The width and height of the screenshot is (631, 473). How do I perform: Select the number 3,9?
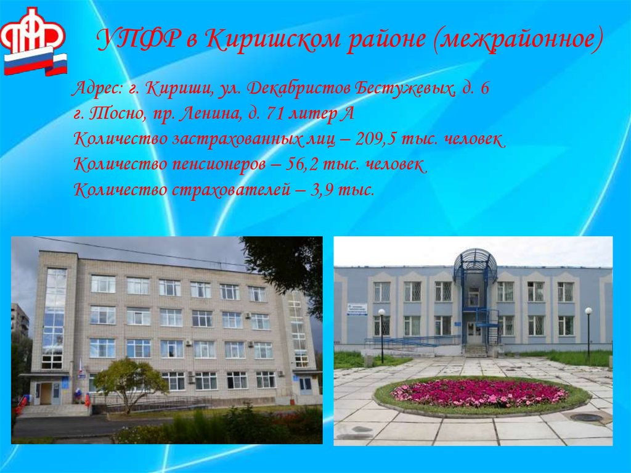325,190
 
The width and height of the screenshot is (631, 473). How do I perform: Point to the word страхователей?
228,190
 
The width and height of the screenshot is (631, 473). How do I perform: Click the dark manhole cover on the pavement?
586,417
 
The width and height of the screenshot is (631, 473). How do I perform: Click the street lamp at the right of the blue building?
588,330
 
